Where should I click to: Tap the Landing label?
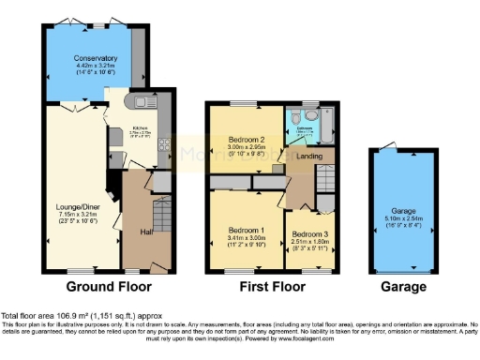[x=309, y=157]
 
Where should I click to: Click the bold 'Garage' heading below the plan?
[x=405, y=286]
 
